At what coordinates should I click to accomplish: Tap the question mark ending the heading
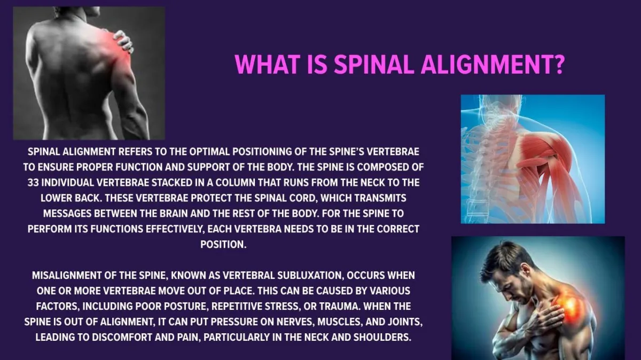click(558, 64)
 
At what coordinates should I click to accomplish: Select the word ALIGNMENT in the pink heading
click(485, 64)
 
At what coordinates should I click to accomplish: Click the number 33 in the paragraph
click(33, 183)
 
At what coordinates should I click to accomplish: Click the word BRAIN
click(174, 214)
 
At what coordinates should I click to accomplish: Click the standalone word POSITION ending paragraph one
click(223, 245)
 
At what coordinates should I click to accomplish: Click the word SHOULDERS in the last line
click(382, 337)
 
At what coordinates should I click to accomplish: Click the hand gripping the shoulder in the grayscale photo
click(123, 42)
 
